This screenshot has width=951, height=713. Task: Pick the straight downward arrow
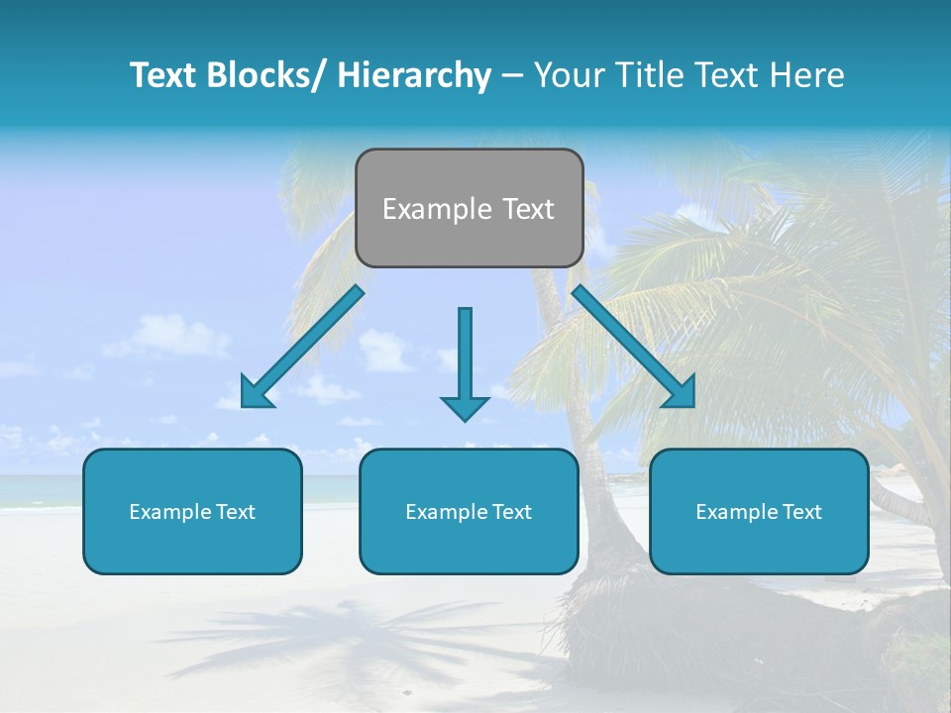coord(465,356)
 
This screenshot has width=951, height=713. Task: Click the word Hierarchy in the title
coord(414,75)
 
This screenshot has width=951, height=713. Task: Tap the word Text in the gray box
coord(527,209)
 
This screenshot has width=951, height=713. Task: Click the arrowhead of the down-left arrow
coord(254,392)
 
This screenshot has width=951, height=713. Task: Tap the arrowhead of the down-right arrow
coord(681,392)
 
